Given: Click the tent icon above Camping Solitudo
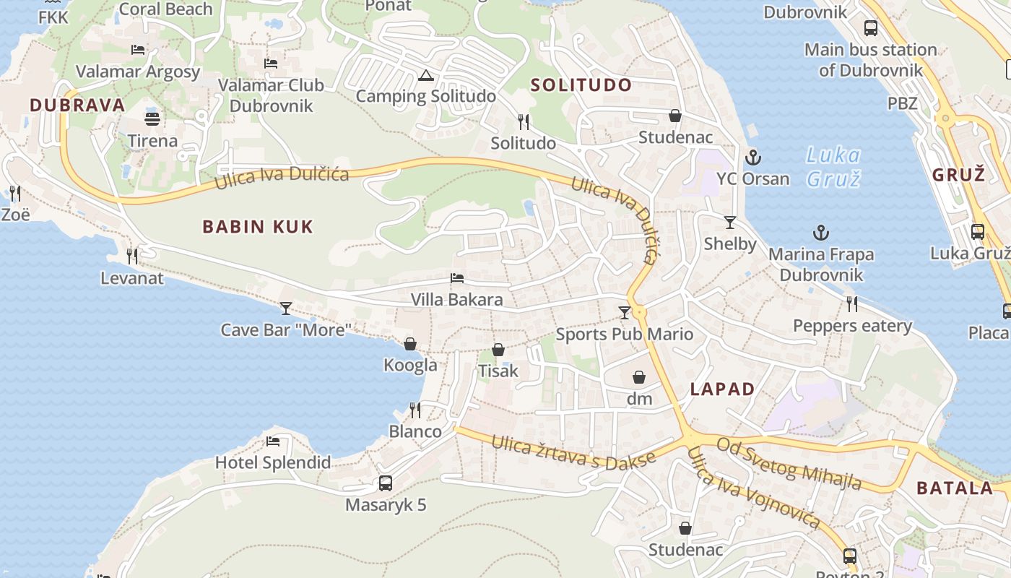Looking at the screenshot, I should [426, 75].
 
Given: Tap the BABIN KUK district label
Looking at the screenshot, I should [258, 227].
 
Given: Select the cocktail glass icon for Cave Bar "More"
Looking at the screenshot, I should [286, 309].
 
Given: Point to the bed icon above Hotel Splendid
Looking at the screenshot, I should [273, 441].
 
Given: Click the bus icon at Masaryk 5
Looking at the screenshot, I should [386, 483].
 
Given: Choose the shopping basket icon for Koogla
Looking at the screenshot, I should [410, 344].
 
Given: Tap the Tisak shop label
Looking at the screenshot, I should [498, 371].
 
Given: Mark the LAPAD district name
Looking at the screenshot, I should [722, 389].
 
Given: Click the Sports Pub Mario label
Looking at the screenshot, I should [624, 334].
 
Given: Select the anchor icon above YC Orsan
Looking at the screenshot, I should [753, 157].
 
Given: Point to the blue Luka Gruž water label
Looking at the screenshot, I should [833, 166].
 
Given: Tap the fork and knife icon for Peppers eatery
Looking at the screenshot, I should [852, 304].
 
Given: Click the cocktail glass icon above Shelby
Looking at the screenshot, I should [730, 223].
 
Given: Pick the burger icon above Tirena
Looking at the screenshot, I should [152, 118].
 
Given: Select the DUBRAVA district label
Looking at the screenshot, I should [77, 105].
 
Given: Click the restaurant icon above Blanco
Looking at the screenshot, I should [415, 410].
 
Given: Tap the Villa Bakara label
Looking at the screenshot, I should [456, 299].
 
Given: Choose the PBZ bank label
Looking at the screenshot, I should [903, 103].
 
